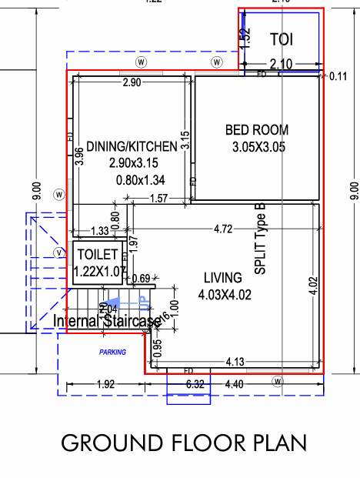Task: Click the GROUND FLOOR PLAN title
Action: point(183,443)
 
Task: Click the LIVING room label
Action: point(223,277)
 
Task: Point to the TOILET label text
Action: point(95,255)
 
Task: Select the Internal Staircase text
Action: point(107,320)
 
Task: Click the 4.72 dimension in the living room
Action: point(222,229)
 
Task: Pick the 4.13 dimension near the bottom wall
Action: point(235,361)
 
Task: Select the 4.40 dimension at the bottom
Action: point(235,384)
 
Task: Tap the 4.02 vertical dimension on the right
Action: point(312,276)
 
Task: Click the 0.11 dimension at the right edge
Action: point(338,76)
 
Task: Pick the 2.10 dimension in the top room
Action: point(279,65)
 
